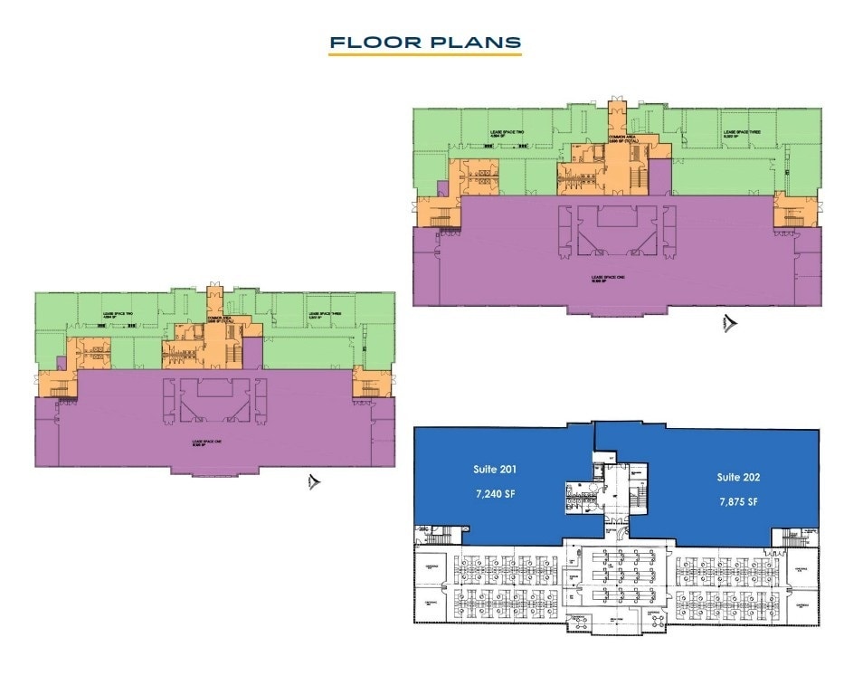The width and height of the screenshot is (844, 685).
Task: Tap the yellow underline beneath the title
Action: pyautogui.click(x=424, y=56)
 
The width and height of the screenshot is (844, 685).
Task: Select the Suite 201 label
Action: pyautogui.click(x=495, y=470)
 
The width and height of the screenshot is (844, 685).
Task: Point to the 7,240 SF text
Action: pyautogui.click(x=495, y=496)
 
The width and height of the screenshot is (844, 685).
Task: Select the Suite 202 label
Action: pyautogui.click(x=738, y=476)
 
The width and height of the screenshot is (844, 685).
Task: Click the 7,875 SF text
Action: pyautogui.click(x=738, y=501)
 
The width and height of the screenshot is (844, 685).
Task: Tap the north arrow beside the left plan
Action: pyautogui.click(x=314, y=482)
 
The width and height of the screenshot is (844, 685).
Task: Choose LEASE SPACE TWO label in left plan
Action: pyautogui.click(x=119, y=313)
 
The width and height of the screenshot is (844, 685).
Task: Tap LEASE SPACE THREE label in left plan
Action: pyautogui.click(x=324, y=314)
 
